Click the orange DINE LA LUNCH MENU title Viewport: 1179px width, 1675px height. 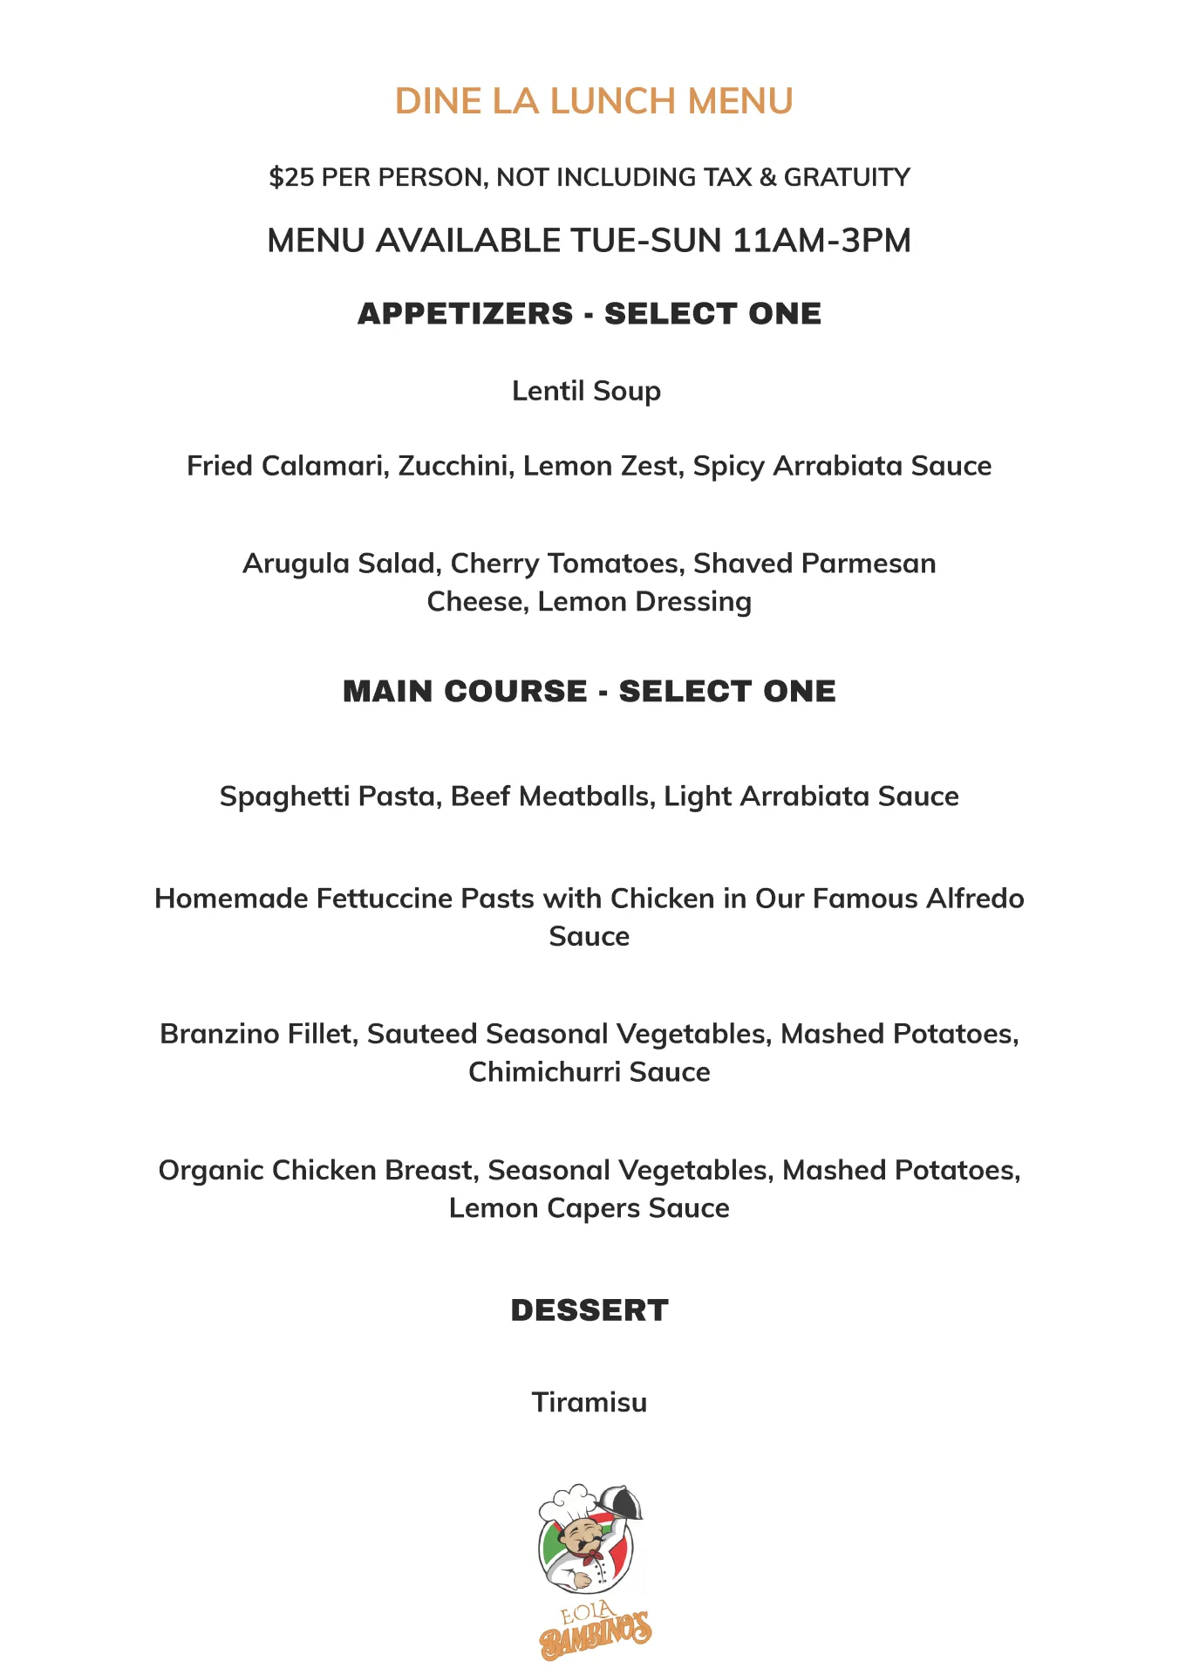click(x=594, y=101)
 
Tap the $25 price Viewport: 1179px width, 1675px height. click(x=291, y=177)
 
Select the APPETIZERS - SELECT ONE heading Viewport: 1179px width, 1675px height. click(x=589, y=314)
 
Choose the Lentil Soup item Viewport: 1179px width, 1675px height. click(x=586, y=391)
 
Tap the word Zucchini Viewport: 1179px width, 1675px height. click(x=456, y=466)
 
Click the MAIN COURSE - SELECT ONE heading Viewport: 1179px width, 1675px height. click(x=589, y=692)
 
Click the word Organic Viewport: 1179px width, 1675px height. click(x=211, y=1170)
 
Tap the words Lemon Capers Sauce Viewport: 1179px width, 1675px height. click(x=589, y=1208)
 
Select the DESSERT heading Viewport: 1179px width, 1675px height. click(x=589, y=1310)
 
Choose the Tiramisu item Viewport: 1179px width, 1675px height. click(x=589, y=1403)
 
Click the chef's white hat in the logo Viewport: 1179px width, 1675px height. click(x=569, y=1502)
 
